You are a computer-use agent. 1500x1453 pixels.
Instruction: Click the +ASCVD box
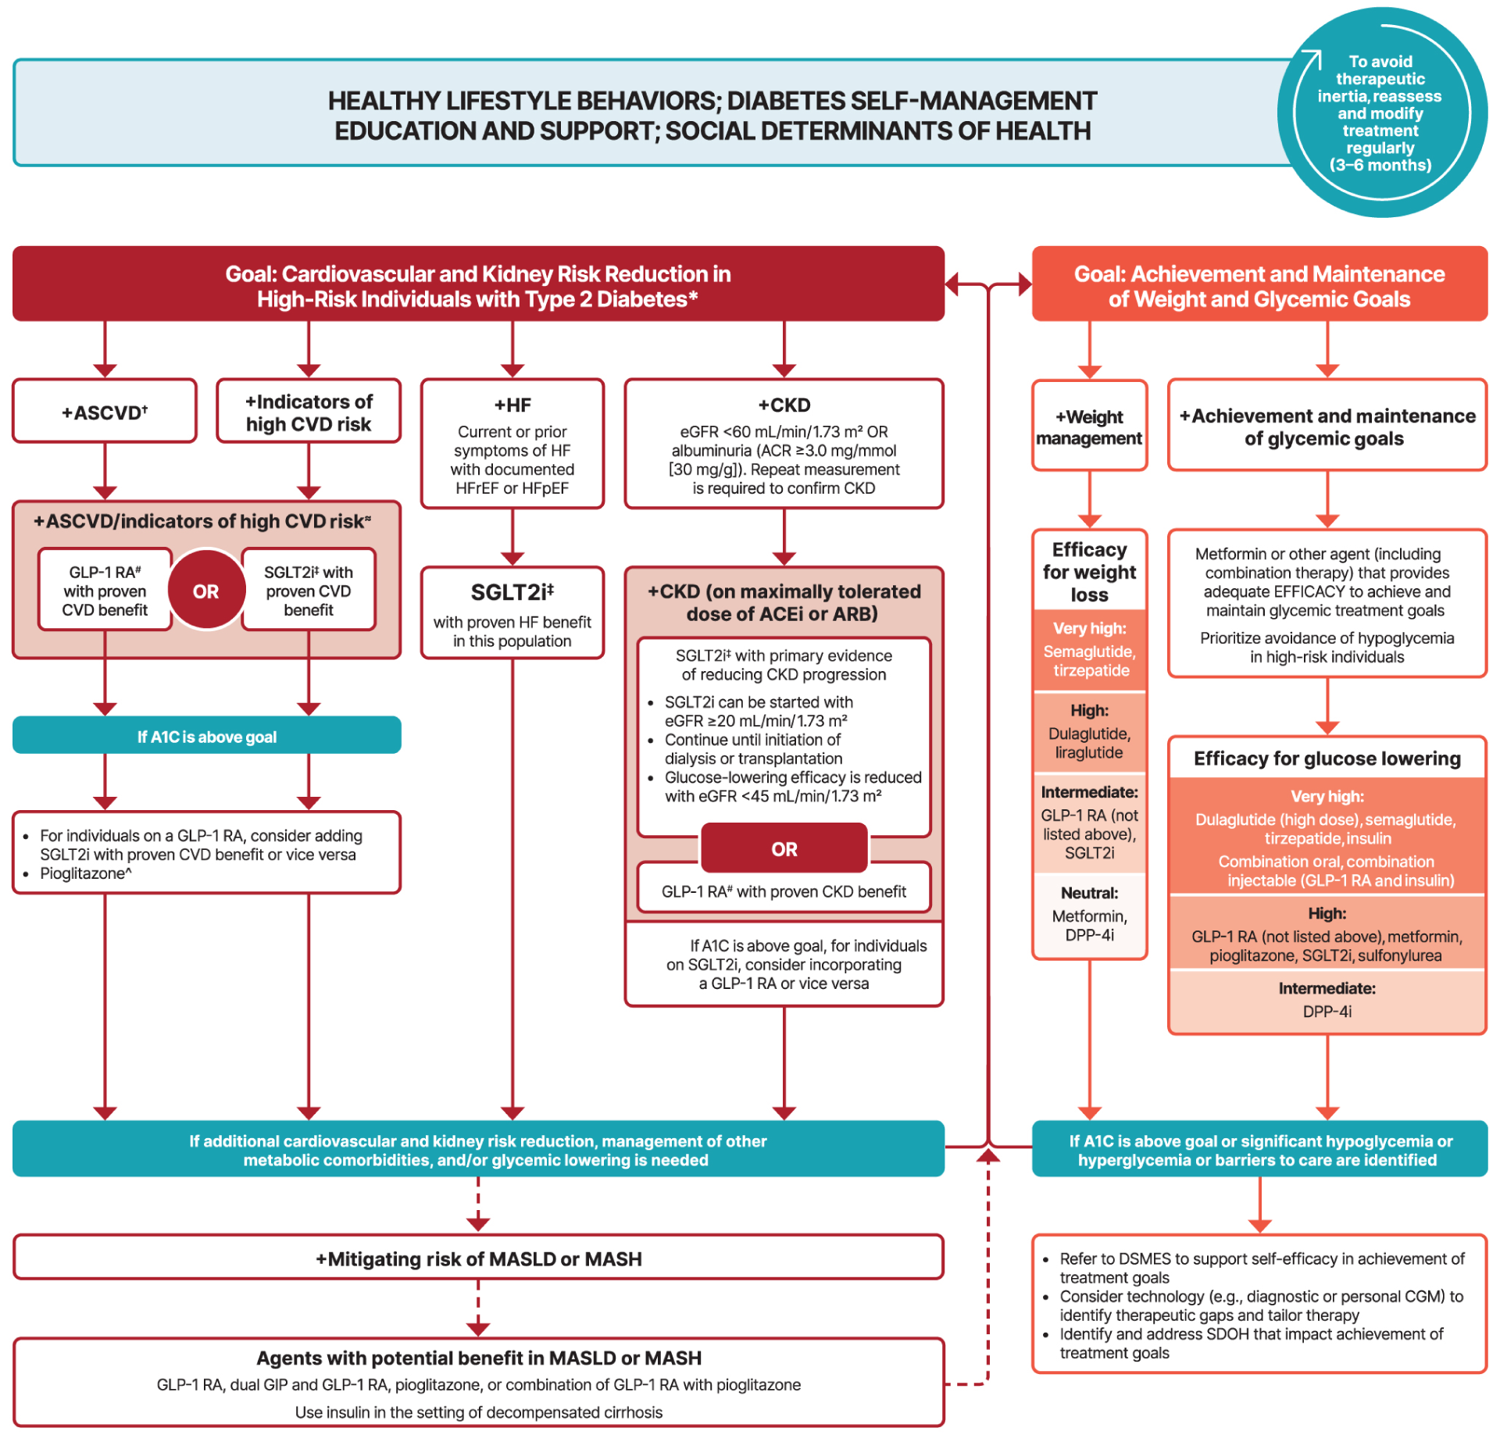pos(105,412)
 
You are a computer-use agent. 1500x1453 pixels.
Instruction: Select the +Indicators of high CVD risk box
pos(309,412)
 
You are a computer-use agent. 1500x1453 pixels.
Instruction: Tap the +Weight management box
pos(1089,427)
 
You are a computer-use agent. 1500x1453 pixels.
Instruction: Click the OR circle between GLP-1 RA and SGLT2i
pos(206,591)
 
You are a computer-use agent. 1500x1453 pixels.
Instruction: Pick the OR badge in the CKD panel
pos(784,848)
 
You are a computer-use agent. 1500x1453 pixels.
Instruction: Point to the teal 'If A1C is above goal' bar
pos(206,736)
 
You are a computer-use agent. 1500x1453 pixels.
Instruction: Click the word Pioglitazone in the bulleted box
pos(82,873)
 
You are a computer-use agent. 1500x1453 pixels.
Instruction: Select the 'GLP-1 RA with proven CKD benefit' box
pos(784,891)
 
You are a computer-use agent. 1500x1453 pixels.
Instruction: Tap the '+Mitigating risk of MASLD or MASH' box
pos(478,1258)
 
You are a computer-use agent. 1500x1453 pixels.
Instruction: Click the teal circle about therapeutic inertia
pos(1380,113)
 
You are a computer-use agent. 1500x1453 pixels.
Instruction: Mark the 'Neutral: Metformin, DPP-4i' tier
pos(1089,915)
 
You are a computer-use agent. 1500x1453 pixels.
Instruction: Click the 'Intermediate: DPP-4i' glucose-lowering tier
pos(1327,1001)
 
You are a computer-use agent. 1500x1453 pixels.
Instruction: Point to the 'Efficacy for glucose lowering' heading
pos(1327,759)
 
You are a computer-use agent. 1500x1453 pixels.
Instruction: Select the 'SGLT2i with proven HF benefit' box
pos(512,613)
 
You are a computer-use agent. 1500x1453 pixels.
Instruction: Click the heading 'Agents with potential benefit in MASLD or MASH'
pos(478,1358)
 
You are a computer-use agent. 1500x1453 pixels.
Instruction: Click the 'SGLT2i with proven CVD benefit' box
pos(309,591)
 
